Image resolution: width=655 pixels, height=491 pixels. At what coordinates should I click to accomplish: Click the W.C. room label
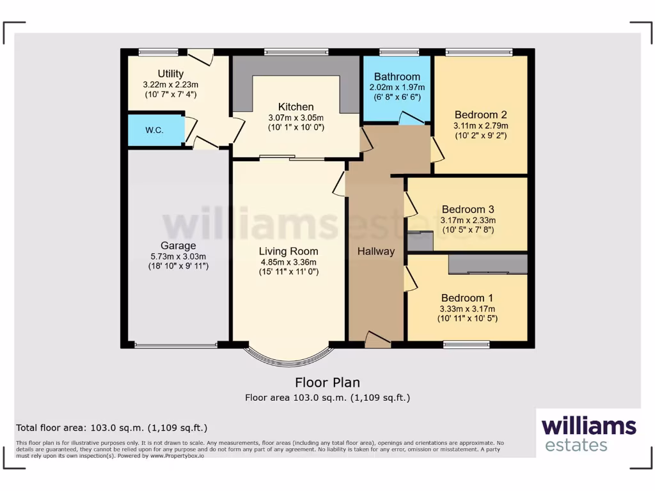[154, 130]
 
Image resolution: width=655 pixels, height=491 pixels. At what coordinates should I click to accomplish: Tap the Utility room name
[171, 74]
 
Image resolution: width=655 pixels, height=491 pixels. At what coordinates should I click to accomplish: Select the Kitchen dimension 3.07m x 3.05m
[296, 118]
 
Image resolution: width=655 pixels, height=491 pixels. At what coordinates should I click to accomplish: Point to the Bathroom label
[397, 77]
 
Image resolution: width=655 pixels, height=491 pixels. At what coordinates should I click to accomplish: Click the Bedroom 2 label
[480, 115]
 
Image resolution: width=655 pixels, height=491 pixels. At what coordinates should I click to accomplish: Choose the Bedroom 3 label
[468, 210]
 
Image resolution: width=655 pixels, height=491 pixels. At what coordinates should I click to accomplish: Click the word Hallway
[376, 251]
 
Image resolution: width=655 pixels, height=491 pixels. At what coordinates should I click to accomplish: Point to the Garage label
[178, 245]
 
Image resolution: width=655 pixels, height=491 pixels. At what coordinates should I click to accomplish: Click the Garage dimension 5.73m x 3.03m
[178, 256]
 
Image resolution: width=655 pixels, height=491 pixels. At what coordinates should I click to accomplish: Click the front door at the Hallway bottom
[377, 340]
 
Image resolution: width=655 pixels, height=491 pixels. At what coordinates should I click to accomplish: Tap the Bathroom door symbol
[407, 118]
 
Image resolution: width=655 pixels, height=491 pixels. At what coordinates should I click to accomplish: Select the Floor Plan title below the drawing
[327, 383]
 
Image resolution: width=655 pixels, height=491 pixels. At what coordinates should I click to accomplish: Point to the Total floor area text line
[111, 428]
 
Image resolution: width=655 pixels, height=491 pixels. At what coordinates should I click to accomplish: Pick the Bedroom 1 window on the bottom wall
[466, 345]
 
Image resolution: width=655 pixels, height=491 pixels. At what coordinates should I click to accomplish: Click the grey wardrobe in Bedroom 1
[488, 264]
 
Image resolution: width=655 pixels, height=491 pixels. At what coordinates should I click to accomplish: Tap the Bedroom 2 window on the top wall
[478, 52]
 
